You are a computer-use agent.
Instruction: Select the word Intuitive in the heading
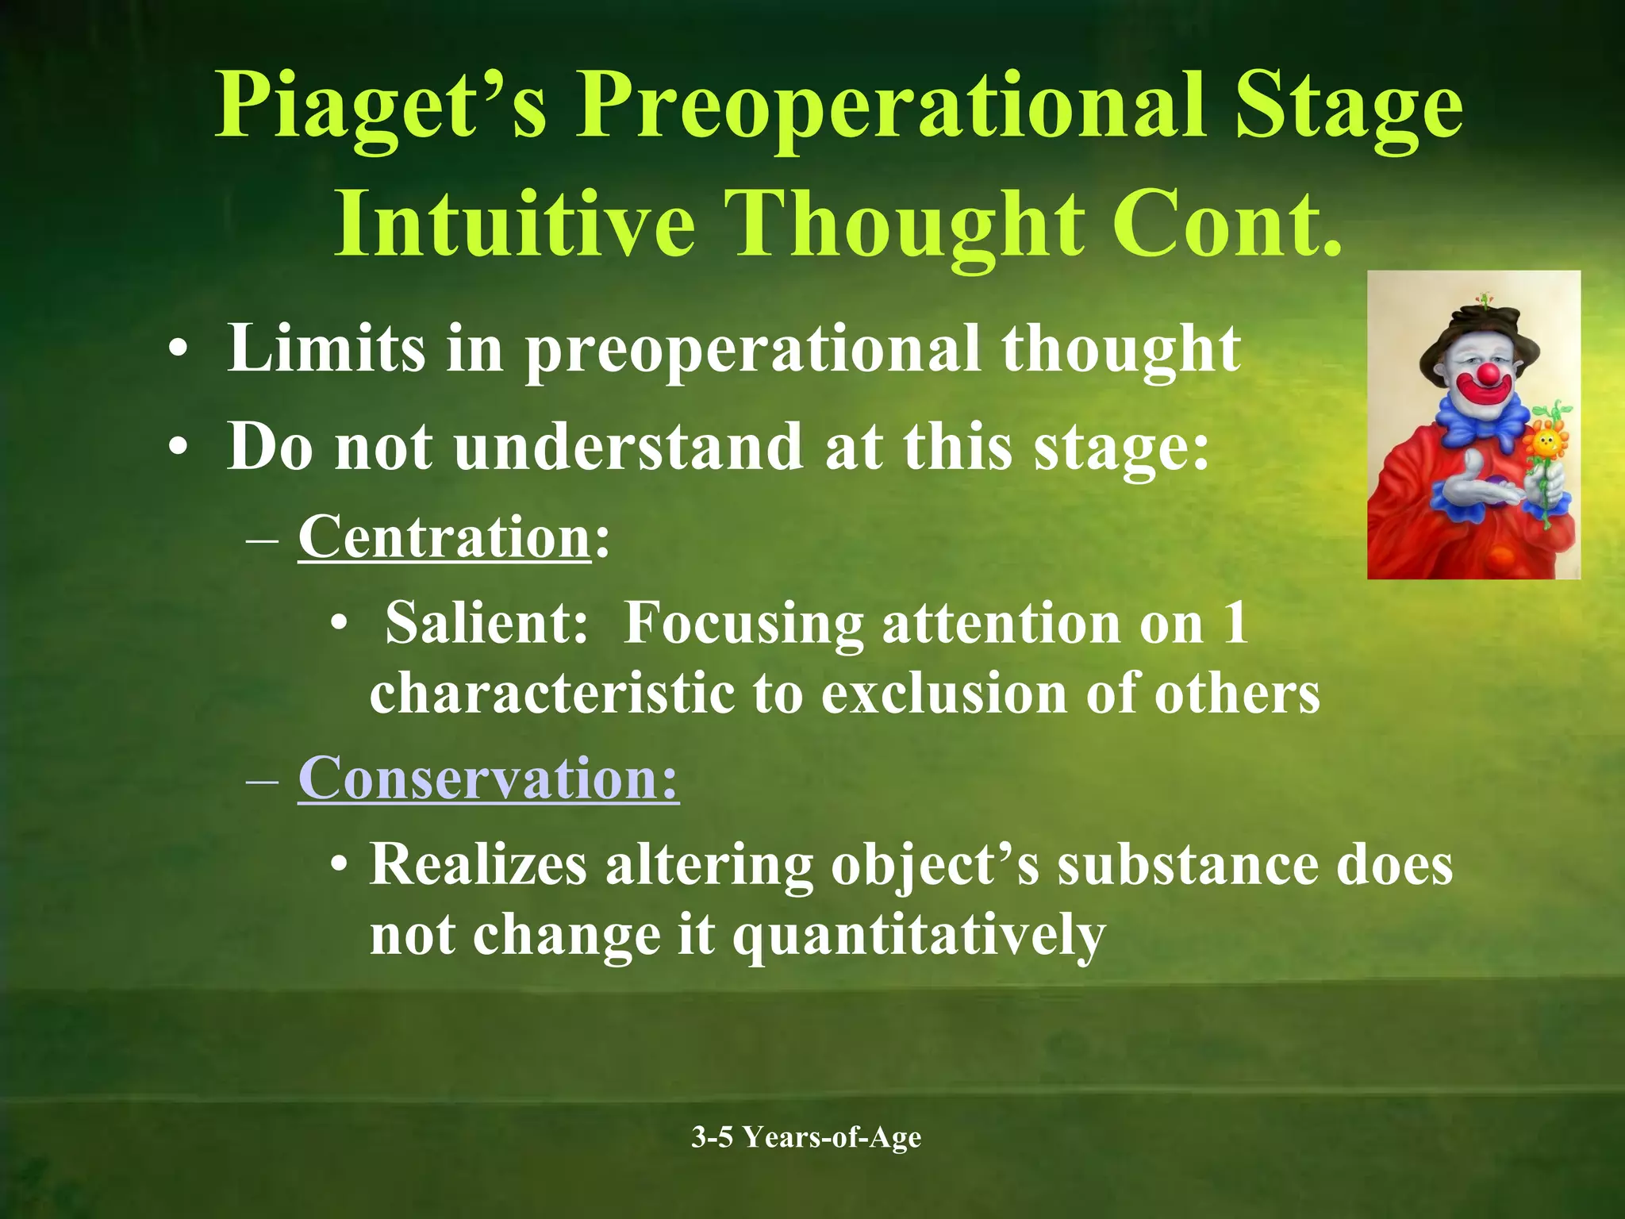(x=514, y=224)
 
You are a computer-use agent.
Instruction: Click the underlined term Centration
(x=444, y=537)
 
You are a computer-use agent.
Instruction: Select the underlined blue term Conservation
(x=488, y=778)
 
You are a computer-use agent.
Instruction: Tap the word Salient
(x=486, y=622)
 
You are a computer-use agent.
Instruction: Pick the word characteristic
(x=552, y=693)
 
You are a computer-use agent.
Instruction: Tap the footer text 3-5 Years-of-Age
(x=806, y=1137)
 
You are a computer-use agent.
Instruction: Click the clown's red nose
(x=1489, y=373)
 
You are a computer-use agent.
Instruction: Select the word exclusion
(x=944, y=693)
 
